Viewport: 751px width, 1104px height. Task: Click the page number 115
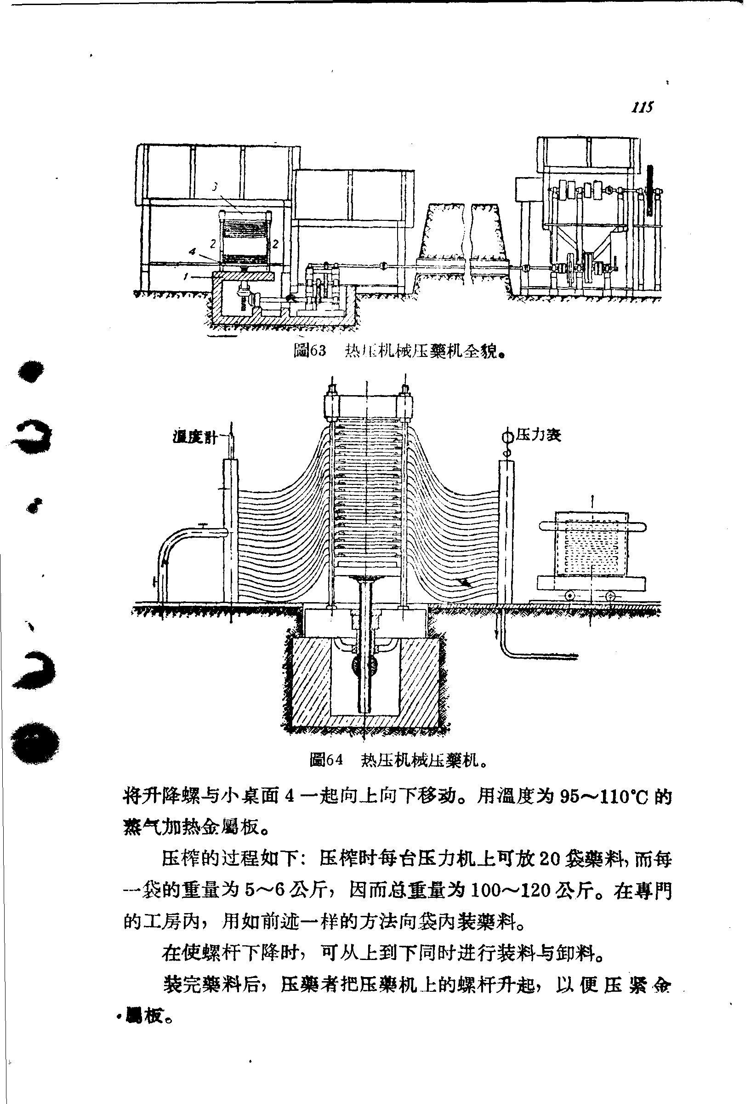coord(642,107)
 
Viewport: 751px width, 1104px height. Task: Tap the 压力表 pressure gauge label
coord(538,434)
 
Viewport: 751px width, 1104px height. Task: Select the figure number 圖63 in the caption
coord(310,351)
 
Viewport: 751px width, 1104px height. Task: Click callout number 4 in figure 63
coord(192,251)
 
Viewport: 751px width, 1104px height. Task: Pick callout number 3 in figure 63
coord(215,187)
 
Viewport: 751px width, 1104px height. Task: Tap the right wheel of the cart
coord(610,596)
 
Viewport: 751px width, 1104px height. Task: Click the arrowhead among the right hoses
coord(463,581)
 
